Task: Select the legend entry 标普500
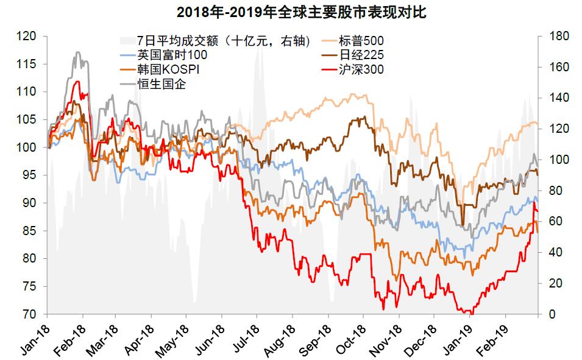(360, 41)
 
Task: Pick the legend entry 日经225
(360, 55)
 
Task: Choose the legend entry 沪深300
(360, 69)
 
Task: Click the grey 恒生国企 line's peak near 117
(77, 52)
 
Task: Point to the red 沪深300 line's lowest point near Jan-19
(470, 313)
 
